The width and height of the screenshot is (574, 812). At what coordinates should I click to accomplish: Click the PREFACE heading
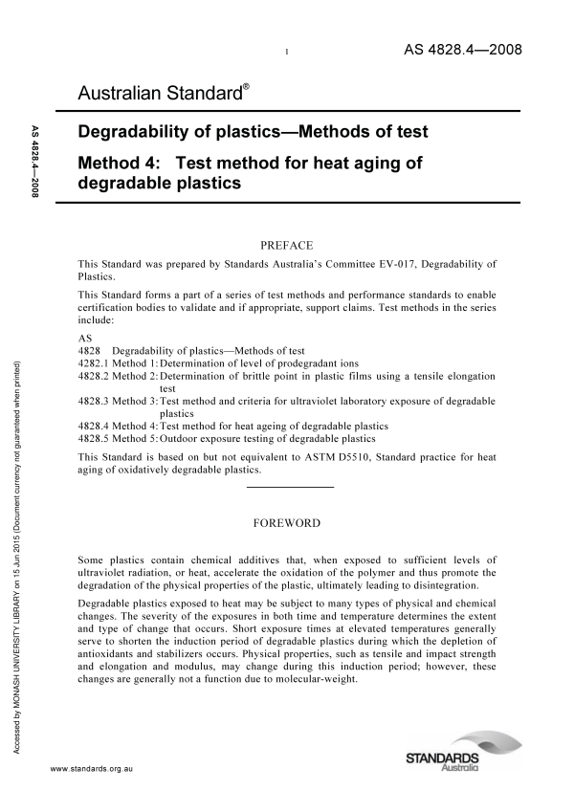(286, 246)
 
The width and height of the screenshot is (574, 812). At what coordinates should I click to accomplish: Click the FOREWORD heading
(286, 523)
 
